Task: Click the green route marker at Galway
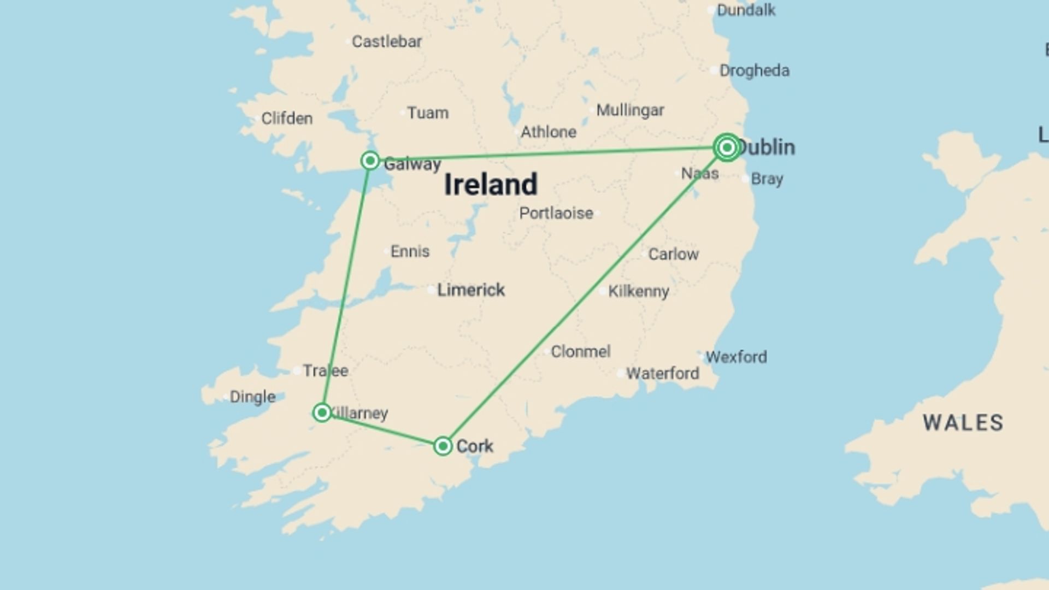[370, 161]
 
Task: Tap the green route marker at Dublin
[727, 147]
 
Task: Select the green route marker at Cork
[443, 446]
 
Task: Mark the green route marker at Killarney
[322, 412]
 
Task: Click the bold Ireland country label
[491, 185]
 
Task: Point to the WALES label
[963, 423]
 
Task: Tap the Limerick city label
[471, 290]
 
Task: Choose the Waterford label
[662, 374]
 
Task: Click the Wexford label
[736, 357]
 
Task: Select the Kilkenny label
[638, 291]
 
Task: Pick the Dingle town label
[252, 397]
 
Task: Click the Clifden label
[287, 119]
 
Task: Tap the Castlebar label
[387, 42]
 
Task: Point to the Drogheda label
[754, 70]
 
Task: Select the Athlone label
[548, 132]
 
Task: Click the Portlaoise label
[556, 213]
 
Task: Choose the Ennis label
[410, 251]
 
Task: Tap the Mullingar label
[630, 110]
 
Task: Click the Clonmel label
[580, 352]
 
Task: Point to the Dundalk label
[746, 10]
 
